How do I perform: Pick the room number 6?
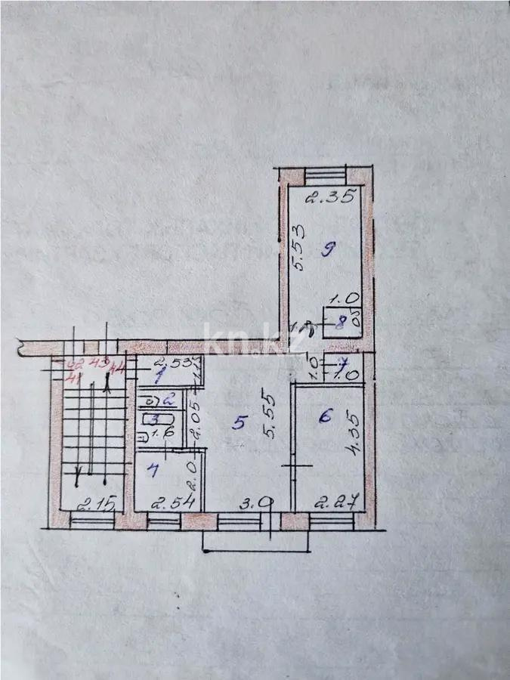click(326, 415)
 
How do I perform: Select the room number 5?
click(239, 423)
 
